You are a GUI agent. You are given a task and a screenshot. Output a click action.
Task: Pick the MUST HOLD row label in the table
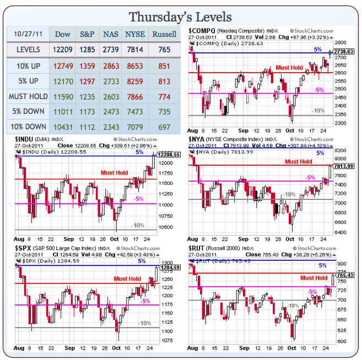tap(28, 96)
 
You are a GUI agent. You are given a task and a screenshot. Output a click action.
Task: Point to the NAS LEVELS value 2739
tap(110, 50)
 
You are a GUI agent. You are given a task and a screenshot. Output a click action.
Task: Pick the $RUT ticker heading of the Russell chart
tap(198, 249)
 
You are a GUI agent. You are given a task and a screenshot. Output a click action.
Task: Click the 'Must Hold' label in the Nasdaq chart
tap(289, 68)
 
